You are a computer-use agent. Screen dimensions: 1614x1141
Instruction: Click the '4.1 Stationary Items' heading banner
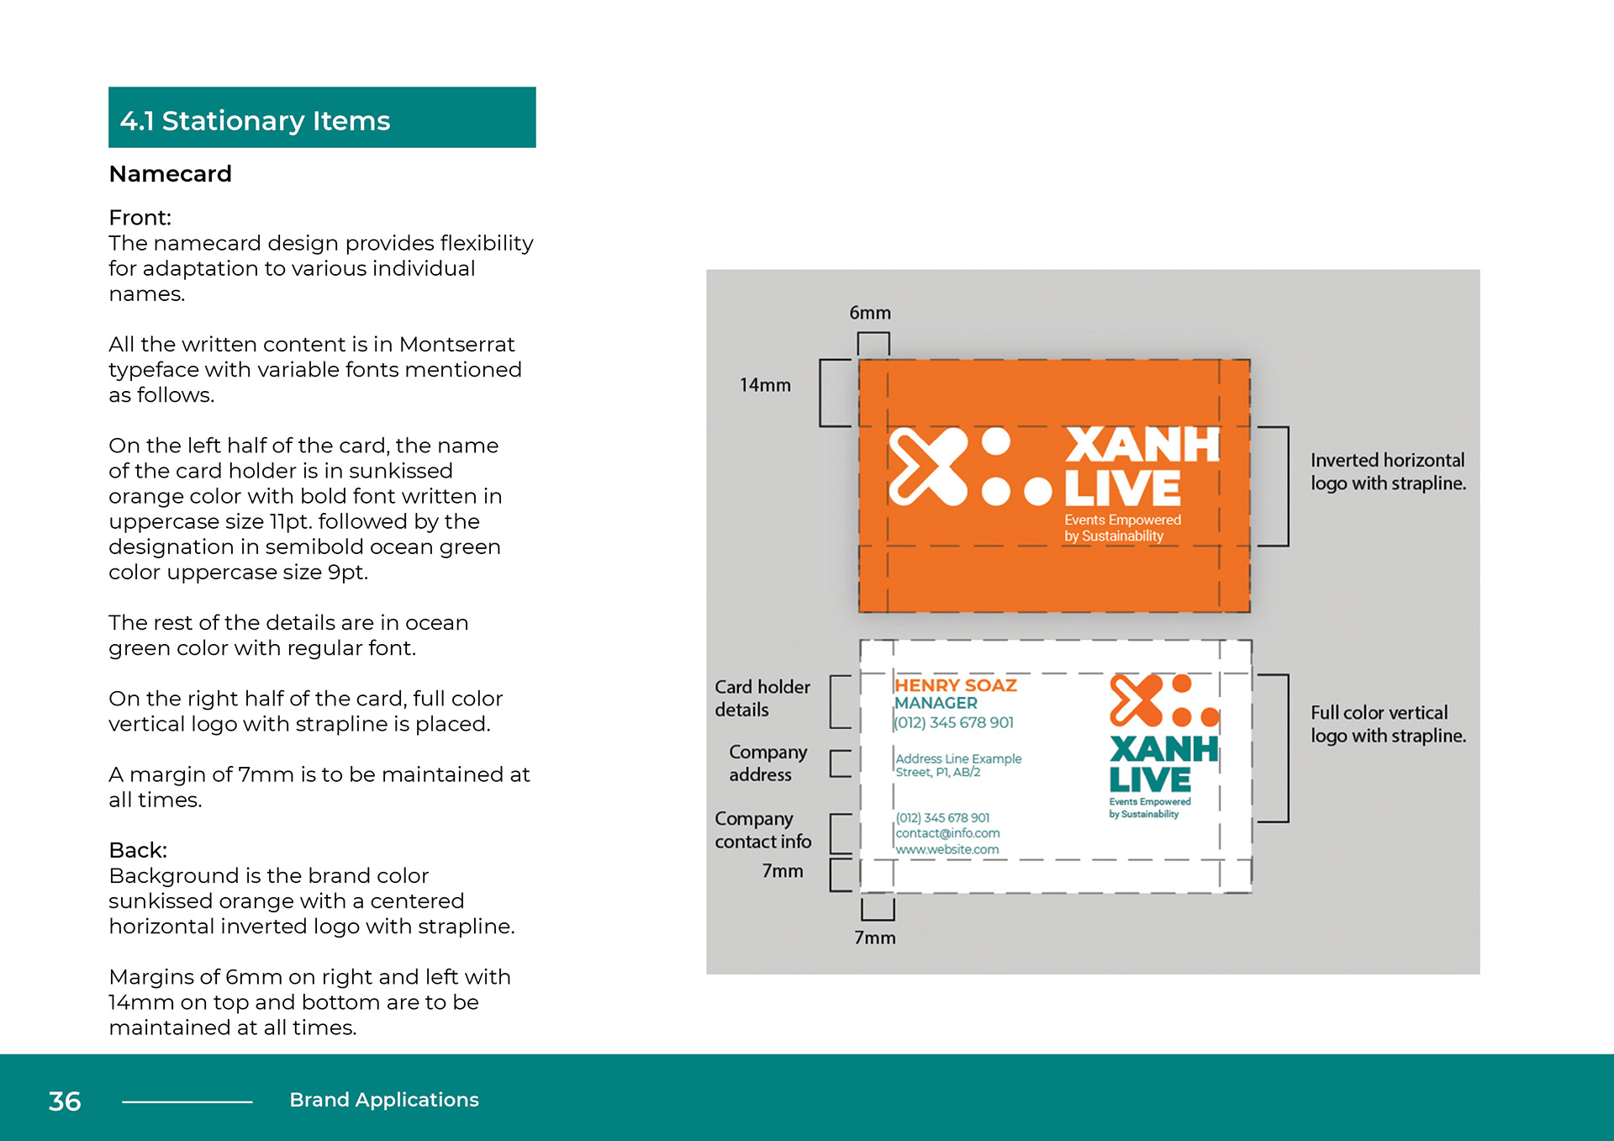tap(322, 118)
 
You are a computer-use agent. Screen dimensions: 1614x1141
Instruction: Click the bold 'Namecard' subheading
tap(170, 174)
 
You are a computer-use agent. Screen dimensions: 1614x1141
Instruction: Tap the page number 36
tap(65, 1101)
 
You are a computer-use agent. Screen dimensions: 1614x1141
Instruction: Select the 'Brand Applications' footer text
tap(384, 1100)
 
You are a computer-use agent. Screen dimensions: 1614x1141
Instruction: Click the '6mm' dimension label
tap(870, 313)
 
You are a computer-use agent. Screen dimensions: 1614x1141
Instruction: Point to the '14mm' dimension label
tap(765, 385)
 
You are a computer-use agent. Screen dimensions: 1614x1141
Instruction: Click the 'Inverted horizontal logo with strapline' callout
tap(1388, 472)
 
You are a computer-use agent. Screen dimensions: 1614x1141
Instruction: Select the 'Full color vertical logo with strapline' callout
tap(1388, 724)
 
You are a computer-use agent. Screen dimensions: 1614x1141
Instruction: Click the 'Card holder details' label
tap(762, 698)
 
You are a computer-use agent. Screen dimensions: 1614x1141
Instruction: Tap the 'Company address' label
tap(767, 763)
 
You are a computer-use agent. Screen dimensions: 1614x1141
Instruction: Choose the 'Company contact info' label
tap(762, 830)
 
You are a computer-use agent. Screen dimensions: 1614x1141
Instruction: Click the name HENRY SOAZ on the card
tap(956, 685)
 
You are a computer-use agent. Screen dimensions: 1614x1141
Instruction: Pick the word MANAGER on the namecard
tap(936, 703)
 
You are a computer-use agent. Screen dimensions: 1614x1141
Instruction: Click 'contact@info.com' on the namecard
tap(947, 833)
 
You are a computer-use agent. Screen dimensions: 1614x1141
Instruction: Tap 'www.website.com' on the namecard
tap(947, 849)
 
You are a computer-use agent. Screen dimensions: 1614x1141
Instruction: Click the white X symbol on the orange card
tap(928, 467)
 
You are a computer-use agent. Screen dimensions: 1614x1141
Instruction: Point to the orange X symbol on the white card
tap(1136, 700)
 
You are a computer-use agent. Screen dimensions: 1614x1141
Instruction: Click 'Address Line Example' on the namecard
tap(958, 758)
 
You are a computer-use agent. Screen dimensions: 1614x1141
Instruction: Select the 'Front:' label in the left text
tap(140, 218)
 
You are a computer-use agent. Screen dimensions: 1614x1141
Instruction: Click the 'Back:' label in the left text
tap(138, 850)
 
